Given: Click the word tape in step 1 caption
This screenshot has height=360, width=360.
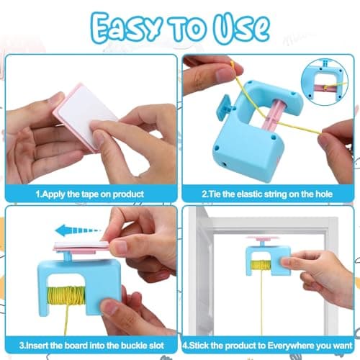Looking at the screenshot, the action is pos(90,194).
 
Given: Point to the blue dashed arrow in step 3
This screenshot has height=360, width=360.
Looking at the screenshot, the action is pos(78,230).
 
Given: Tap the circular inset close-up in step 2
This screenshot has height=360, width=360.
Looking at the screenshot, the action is pos(325,82).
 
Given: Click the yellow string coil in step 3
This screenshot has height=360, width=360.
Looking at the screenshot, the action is pos(66,295).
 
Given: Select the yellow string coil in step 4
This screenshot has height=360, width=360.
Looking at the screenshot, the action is pos(261,266).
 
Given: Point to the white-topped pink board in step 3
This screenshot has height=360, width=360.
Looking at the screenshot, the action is pos(81,246).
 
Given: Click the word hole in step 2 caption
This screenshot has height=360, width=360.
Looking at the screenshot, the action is pos(324,194).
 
